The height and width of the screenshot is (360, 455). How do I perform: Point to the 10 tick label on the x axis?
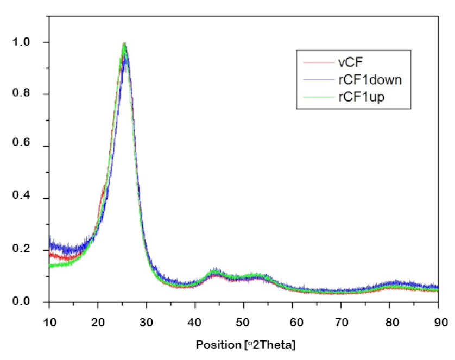click(49, 321)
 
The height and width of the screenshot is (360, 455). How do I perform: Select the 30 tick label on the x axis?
click(146, 321)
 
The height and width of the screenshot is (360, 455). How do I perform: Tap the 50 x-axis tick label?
click(244, 321)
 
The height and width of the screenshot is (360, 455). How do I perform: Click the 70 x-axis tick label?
click(341, 321)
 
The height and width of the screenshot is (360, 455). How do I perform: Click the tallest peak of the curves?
click(124, 43)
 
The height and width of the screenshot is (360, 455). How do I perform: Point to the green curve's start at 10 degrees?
click(50, 266)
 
